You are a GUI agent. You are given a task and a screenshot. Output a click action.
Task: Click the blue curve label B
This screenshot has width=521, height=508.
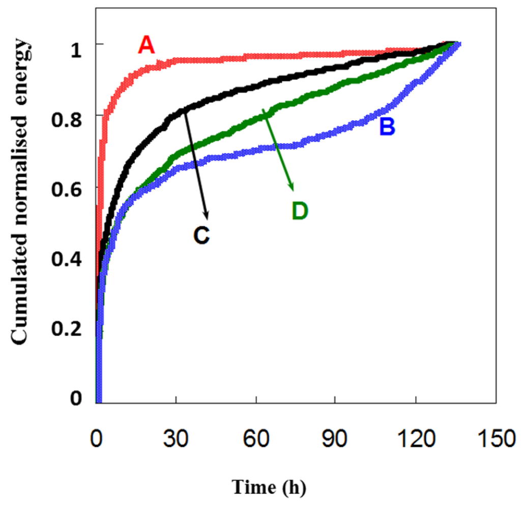(387, 127)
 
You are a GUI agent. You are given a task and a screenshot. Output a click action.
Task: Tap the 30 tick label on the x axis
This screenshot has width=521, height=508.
(176, 437)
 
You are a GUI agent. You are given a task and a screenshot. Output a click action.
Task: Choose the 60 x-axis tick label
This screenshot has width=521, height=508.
(256, 437)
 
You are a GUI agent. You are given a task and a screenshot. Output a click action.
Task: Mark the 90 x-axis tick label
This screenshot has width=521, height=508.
(335, 437)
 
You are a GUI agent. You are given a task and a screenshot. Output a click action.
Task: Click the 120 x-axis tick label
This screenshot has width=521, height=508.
(416, 437)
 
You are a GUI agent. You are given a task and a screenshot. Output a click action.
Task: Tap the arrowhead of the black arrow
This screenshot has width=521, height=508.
(206, 214)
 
